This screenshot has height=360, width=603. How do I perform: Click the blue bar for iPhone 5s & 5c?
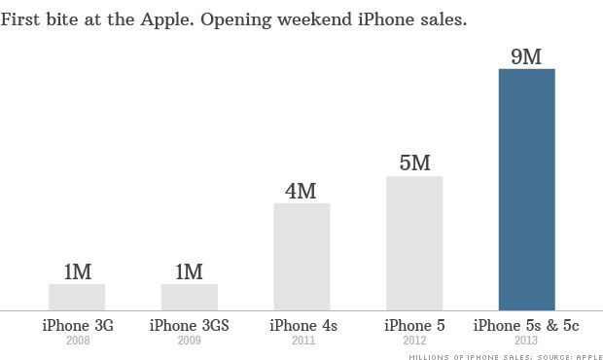(526, 189)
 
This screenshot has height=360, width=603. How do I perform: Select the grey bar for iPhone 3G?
(77, 297)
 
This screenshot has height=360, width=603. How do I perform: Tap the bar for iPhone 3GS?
(190, 297)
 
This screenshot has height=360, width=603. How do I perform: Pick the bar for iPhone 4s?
(301, 257)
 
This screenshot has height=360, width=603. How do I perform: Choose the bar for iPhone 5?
(414, 243)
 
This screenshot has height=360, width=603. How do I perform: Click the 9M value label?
(526, 55)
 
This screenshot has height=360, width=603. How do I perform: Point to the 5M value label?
(414, 162)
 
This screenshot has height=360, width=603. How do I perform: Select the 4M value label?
(301, 190)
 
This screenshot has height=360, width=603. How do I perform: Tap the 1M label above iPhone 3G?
(77, 271)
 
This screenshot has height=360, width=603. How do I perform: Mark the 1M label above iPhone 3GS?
(190, 271)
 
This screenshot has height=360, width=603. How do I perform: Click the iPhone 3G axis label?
(77, 325)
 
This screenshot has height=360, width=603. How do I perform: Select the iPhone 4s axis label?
(301, 325)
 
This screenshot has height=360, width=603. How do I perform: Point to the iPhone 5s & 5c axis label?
(526, 325)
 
